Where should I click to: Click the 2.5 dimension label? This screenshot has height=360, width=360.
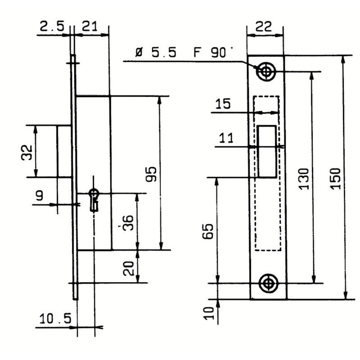point(52,26)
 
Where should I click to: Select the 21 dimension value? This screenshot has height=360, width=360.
point(90,26)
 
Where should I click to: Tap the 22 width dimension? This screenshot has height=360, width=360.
point(264,27)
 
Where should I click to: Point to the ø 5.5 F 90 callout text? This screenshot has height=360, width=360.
point(181,52)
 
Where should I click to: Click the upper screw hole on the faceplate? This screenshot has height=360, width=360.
point(266,72)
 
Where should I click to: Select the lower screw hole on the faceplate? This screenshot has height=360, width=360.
point(268,283)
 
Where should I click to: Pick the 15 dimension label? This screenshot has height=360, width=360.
point(223,103)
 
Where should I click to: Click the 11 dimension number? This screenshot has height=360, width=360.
point(226,138)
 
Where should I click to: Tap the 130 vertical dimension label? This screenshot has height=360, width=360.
point(304,179)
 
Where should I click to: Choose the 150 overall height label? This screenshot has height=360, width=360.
point(335,179)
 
